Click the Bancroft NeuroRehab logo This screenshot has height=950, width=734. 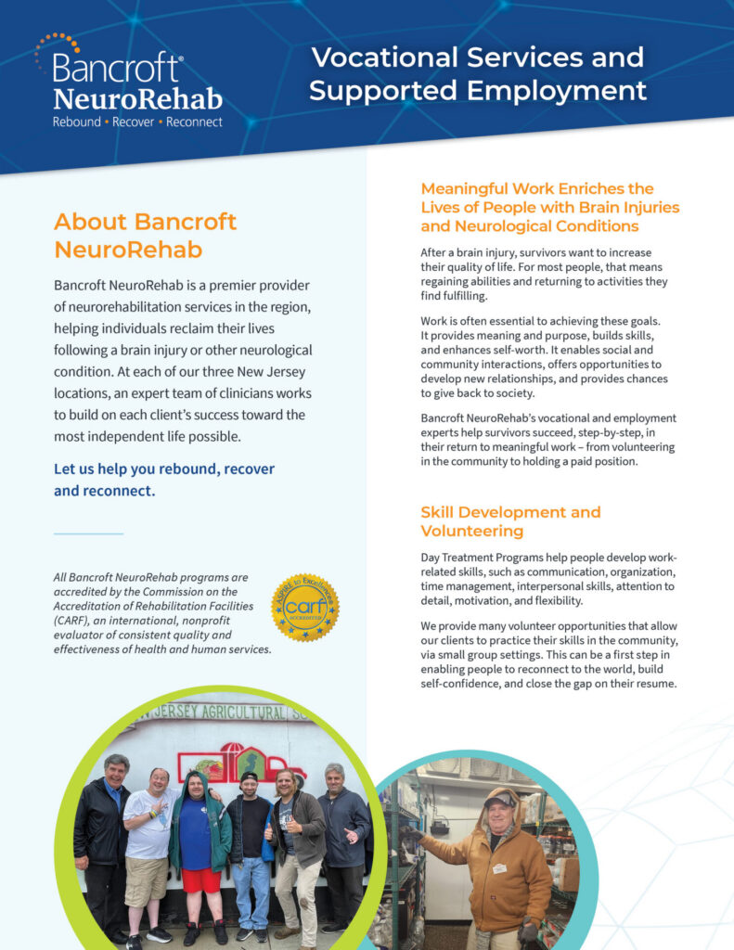pyautogui.click(x=129, y=82)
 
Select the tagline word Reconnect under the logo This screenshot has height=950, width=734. pyautogui.click(x=195, y=122)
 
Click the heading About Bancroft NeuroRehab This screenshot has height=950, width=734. pyautogui.click(x=146, y=236)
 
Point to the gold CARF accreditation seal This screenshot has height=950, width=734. pyautogui.click(x=304, y=607)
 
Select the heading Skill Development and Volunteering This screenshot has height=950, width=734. pyautogui.click(x=510, y=521)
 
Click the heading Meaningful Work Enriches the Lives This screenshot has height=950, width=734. pyautogui.click(x=549, y=207)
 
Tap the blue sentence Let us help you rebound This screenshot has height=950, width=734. pyautogui.click(x=164, y=480)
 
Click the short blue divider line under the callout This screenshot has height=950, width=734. pyautogui.click(x=88, y=533)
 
